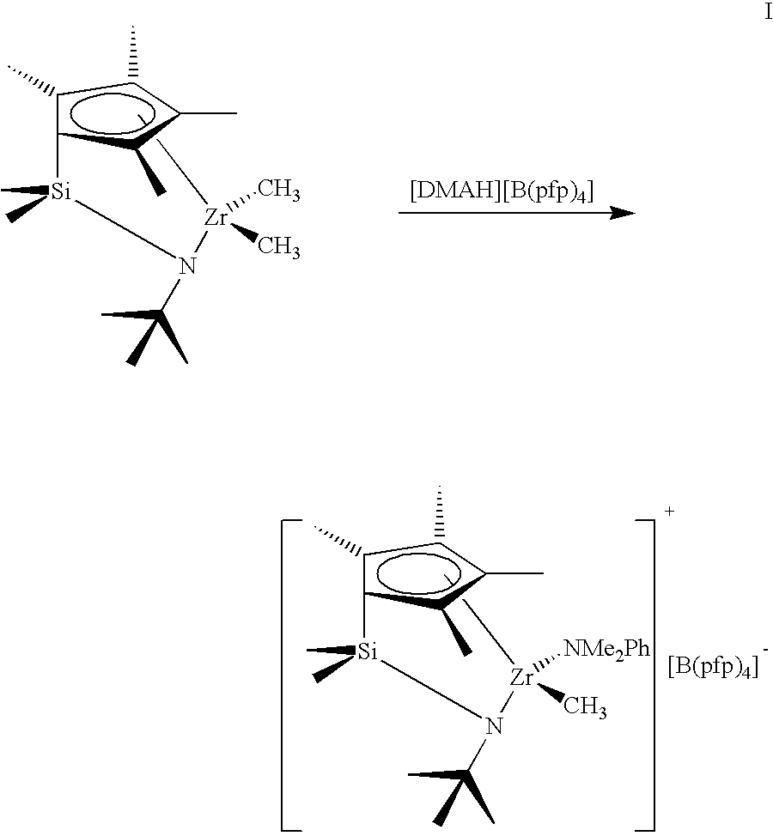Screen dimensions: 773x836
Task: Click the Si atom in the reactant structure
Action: point(61,191)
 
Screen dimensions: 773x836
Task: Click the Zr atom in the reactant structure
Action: point(216,217)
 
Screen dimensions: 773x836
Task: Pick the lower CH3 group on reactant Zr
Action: point(279,247)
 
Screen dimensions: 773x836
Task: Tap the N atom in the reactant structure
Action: point(187,266)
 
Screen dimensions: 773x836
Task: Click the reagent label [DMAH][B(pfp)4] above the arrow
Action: point(502,191)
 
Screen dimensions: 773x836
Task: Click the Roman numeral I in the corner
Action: point(768,12)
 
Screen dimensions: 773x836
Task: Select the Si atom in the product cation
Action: point(368,651)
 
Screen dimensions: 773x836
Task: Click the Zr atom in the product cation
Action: point(522,678)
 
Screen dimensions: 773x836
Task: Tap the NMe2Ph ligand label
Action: point(606,650)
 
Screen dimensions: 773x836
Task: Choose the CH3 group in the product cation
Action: point(585,708)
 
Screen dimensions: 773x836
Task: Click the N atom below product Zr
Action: point(494,726)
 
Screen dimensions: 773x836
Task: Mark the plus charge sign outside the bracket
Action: point(670,512)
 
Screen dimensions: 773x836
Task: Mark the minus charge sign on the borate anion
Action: point(766,650)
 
